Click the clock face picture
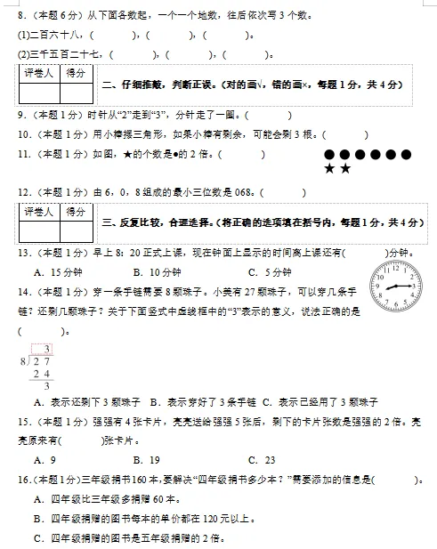tap(397, 289)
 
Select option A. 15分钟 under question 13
tap(53, 272)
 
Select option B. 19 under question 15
tap(146, 460)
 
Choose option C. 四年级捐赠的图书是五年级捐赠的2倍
tap(125, 537)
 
